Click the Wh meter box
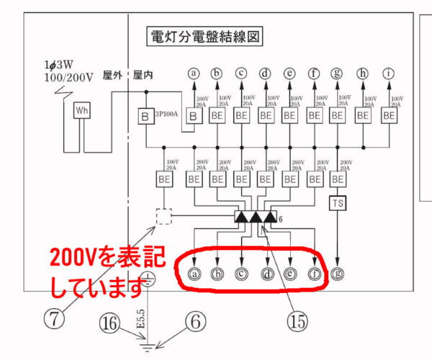81,111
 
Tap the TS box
338,204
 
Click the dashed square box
165,216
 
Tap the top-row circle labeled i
390,73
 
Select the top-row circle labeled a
192,73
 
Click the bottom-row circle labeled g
338,273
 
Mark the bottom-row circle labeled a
192,273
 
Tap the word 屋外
112,74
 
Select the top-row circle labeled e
289,73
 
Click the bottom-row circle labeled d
266,273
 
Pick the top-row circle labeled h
364,73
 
